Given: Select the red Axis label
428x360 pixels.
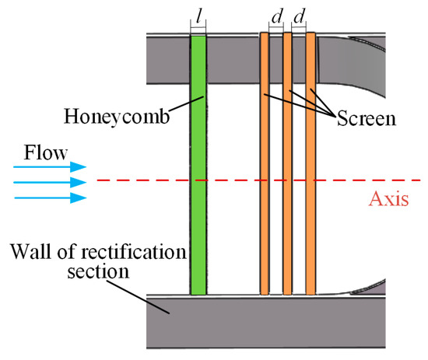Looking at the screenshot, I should pyautogui.click(x=390, y=198).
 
